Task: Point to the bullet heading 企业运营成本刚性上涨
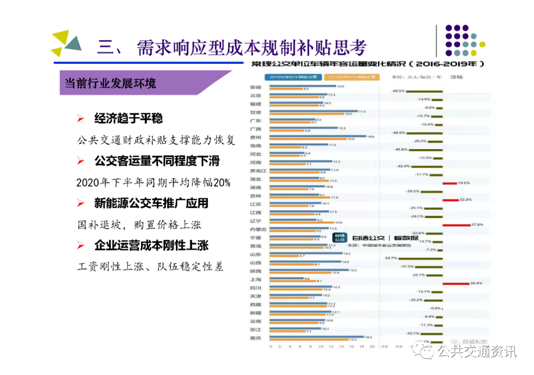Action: tap(151, 245)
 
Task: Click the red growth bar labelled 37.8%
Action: tap(456, 225)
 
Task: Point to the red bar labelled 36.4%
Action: tap(455, 284)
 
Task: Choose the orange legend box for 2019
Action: tap(352, 77)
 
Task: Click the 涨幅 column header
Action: tap(456, 77)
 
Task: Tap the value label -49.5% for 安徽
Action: tap(398, 91)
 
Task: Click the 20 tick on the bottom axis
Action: tap(371, 347)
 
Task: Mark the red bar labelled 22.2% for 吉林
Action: tap(450, 200)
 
